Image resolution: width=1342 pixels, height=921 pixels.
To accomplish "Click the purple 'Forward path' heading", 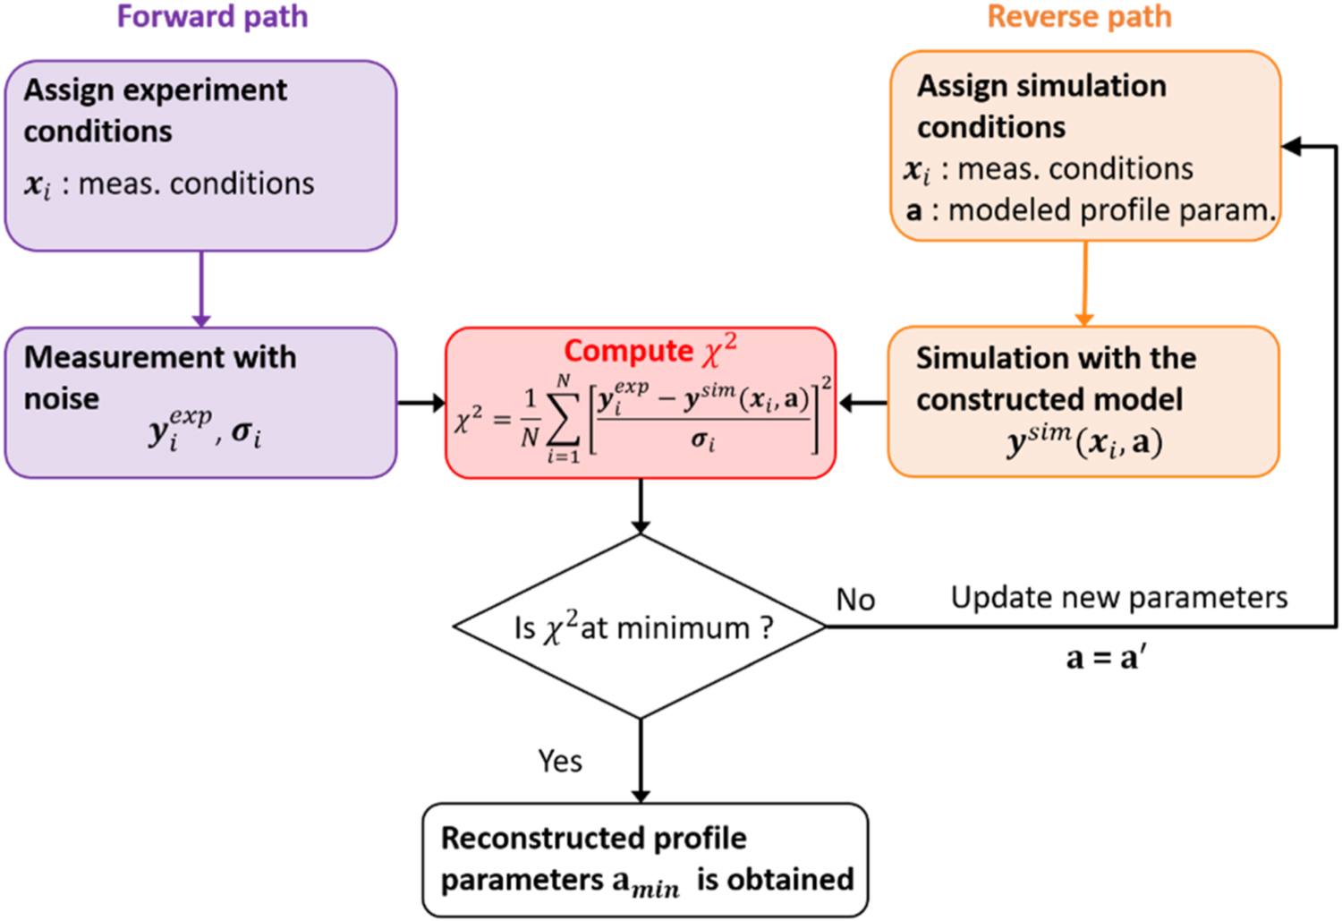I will pyautogui.click(x=212, y=17).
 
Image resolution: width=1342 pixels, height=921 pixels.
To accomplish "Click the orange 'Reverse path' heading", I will pyautogui.click(x=1079, y=17).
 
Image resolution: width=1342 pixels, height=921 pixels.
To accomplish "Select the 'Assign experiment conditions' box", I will pyautogui.click(x=200, y=155).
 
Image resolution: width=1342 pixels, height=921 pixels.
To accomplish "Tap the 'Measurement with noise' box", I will pyautogui.click(x=200, y=402).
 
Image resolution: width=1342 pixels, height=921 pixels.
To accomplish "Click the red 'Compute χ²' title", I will pyautogui.click(x=650, y=350).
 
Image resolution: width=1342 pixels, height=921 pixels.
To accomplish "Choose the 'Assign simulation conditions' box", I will pyautogui.click(x=1085, y=146).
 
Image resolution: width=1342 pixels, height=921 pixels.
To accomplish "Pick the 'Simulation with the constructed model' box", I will pyautogui.click(x=1083, y=401).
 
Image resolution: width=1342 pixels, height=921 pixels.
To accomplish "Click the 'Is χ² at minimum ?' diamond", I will pyautogui.click(x=641, y=627).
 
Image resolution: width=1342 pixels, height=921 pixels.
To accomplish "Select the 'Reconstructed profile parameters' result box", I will pyautogui.click(x=645, y=859).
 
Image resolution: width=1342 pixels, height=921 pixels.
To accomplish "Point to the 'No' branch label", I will pyautogui.click(x=855, y=600).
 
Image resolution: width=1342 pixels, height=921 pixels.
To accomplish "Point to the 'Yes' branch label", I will pyautogui.click(x=560, y=761).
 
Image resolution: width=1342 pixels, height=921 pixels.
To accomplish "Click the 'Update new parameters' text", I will pyautogui.click(x=1118, y=597).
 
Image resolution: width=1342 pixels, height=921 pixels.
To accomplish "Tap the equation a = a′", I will pyautogui.click(x=1106, y=658).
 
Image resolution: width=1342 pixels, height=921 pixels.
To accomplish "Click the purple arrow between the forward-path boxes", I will pyautogui.click(x=201, y=288).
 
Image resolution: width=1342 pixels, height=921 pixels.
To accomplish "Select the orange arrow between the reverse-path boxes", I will pyautogui.click(x=1085, y=283).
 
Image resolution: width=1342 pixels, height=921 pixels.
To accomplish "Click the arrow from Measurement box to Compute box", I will pyautogui.click(x=420, y=403).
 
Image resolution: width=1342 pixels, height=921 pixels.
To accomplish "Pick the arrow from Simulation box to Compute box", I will pyautogui.click(x=862, y=403).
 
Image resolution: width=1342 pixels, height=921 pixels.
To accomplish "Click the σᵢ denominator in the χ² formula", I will pyautogui.click(x=703, y=441).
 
